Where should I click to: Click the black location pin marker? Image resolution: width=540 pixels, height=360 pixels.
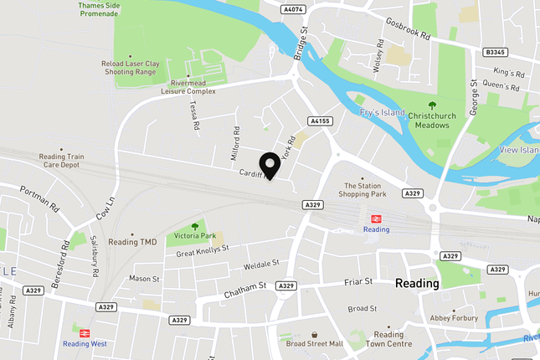(270, 166)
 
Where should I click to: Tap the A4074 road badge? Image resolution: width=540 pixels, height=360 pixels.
(294, 10)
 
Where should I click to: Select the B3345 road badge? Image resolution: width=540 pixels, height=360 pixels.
(496, 52)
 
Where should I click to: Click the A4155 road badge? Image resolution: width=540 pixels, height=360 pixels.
(320, 121)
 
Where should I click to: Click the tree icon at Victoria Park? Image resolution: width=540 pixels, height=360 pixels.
(194, 226)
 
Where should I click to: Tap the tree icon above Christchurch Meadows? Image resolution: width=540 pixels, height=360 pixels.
(431, 105)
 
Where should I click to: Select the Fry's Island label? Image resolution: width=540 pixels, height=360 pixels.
(382, 112)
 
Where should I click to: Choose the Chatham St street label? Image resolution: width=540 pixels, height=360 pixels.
(244, 291)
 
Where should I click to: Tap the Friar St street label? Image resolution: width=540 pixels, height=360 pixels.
(357, 282)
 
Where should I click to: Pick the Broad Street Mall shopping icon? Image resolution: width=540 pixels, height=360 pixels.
(314, 333)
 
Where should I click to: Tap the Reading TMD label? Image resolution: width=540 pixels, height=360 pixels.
(132, 241)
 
